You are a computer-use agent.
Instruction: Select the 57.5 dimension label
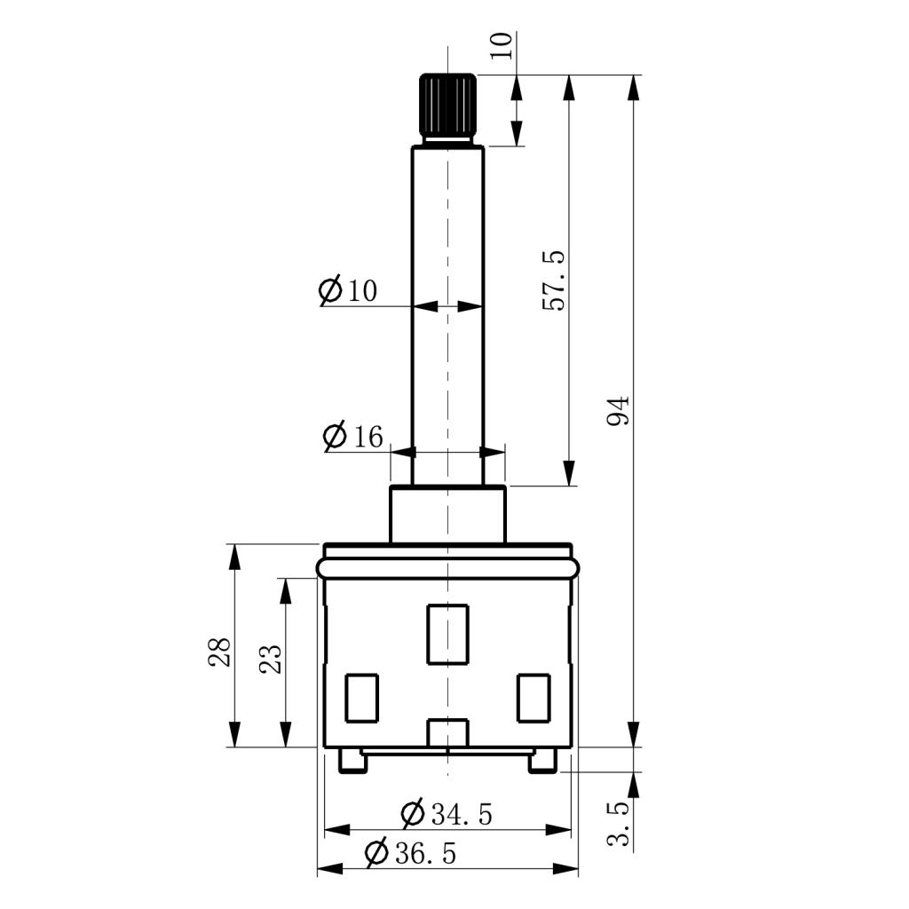click(x=554, y=281)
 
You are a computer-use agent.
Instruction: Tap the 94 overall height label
click(x=618, y=411)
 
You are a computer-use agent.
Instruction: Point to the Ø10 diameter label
click(x=348, y=289)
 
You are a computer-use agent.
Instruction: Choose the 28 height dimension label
click(x=220, y=652)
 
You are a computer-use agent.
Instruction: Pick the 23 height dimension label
click(x=270, y=659)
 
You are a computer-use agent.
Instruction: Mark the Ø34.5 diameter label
click(x=447, y=813)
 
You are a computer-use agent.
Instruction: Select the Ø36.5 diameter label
click(x=410, y=853)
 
